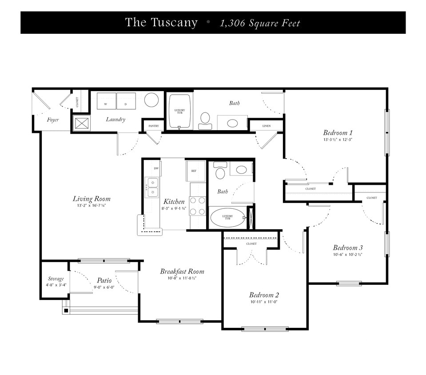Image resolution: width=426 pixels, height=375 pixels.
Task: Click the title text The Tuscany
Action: pyautogui.click(x=161, y=23)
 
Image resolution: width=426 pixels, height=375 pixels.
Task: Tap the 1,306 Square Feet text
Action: pyautogui.click(x=260, y=23)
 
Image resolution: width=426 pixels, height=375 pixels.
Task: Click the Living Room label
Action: pyautogui.click(x=92, y=199)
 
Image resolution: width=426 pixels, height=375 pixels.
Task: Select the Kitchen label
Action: pyautogui.click(x=174, y=202)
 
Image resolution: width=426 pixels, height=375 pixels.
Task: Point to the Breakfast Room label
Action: pyautogui.click(x=182, y=271)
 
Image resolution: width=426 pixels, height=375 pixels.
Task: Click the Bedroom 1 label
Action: pyautogui.click(x=338, y=132)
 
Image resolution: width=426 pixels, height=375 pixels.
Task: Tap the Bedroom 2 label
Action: pyautogui.click(x=264, y=295)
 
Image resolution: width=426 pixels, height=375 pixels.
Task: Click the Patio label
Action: pyautogui.click(x=104, y=281)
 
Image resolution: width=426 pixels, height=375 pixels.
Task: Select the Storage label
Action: pyautogui.click(x=56, y=279)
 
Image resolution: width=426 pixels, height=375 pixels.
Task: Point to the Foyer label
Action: pyautogui.click(x=53, y=120)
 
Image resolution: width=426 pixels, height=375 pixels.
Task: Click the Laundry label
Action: pyautogui.click(x=115, y=120)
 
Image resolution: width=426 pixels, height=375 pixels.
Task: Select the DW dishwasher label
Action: pyautogui.click(x=156, y=168)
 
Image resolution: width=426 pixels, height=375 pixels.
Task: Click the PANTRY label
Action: pyautogui.click(x=154, y=126)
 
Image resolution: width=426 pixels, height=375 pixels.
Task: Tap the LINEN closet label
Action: pyautogui.click(x=267, y=126)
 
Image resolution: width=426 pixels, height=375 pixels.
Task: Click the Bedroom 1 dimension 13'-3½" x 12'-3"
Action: pyautogui.click(x=338, y=140)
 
